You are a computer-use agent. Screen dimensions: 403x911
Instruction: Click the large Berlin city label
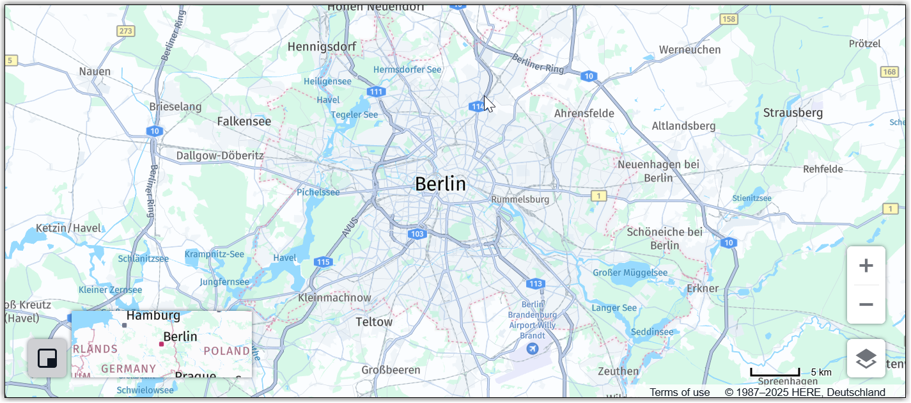(440, 184)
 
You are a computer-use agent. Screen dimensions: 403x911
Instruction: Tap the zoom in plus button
(866, 265)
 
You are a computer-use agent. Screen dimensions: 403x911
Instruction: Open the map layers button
(866, 358)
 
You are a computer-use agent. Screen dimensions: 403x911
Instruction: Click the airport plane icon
(532, 349)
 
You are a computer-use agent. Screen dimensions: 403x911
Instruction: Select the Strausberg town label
(793, 113)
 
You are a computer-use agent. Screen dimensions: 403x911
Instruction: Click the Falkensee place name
(244, 121)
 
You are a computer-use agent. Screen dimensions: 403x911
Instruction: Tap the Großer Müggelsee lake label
(630, 273)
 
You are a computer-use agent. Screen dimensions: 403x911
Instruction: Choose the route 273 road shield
(126, 31)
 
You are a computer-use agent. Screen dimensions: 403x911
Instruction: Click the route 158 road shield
(729, 19)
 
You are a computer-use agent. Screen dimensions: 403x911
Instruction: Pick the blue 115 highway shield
(323, 262)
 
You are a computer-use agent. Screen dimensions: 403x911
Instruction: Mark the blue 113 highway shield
(536, 283)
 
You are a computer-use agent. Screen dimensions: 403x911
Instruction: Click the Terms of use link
(680, 392)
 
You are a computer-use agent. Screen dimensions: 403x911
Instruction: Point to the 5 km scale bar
(775, 372)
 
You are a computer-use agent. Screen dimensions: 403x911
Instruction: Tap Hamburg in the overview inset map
(153, 316)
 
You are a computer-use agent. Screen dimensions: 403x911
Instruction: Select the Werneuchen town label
(690, 50)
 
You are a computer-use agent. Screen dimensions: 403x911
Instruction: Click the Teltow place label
(374, 322)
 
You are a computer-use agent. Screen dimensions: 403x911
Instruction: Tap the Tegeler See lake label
(354, 115)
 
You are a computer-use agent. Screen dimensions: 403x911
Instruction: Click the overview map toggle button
(47, 358)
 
